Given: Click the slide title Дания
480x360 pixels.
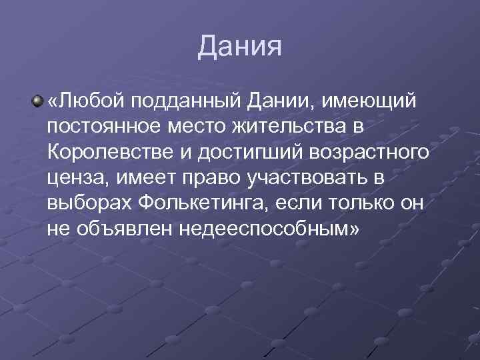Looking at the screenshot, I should [240, 47].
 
